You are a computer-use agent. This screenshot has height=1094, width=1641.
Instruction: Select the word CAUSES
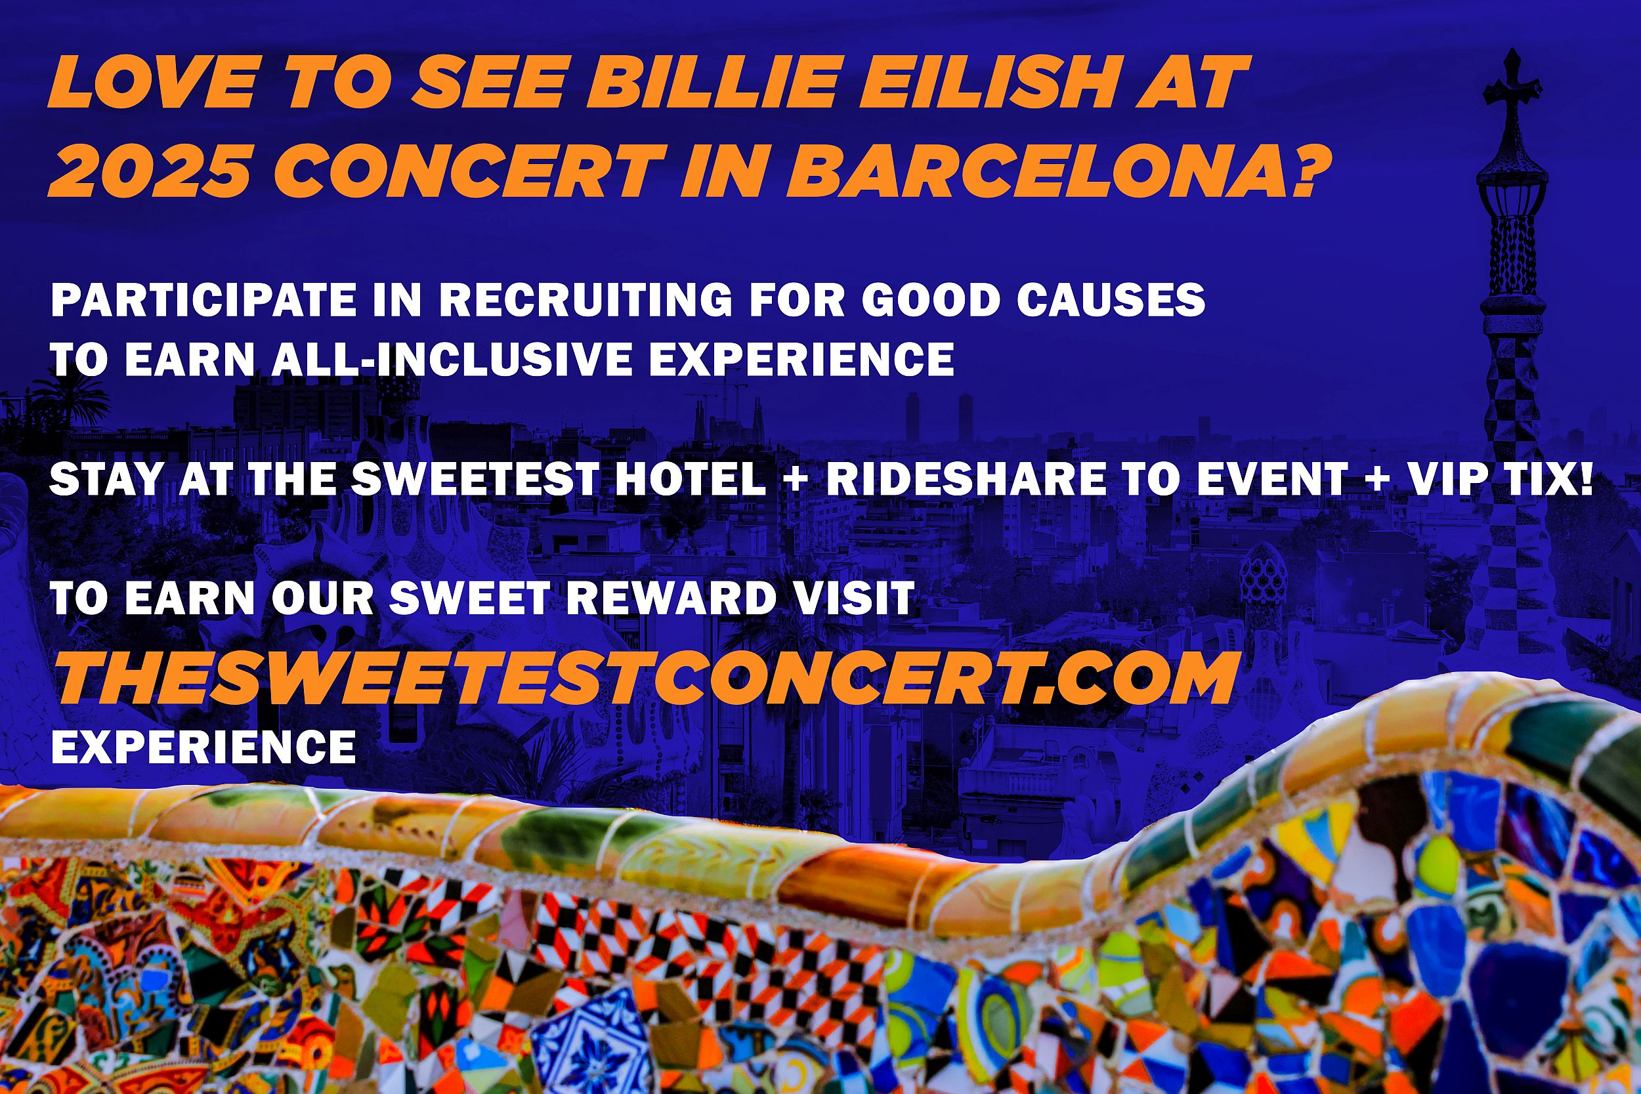[1111, 300]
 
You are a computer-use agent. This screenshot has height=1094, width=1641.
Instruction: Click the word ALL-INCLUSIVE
[452, 360]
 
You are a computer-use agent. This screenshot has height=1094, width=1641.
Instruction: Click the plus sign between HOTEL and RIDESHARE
[797, 480]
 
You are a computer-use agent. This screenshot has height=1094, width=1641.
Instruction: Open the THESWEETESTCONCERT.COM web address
[645, 679]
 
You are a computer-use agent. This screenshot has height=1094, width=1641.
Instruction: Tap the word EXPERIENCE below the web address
[203, 747]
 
